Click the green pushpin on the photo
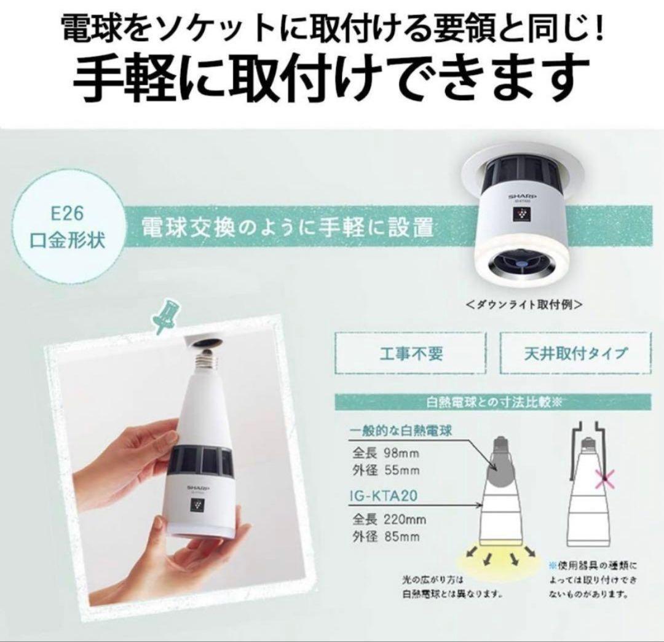click(x=165, y=316)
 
